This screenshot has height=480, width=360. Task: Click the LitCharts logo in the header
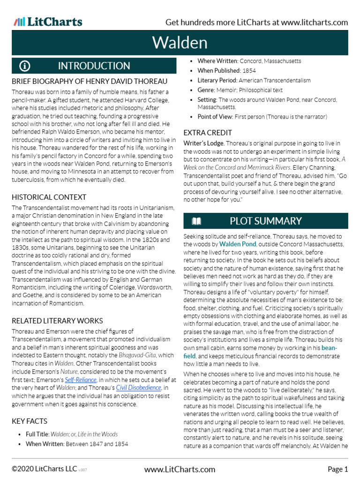[48, 22]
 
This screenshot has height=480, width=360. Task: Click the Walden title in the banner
[180, 43]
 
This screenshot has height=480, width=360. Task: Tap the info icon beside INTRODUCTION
[25, 66]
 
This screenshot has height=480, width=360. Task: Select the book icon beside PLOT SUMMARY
[196, 221]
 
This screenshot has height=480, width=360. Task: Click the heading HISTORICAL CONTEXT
[49, 197]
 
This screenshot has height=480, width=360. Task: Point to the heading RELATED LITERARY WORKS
[57, 321]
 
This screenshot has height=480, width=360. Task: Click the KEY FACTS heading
[30, 421]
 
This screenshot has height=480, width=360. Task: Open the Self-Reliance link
[81, 380]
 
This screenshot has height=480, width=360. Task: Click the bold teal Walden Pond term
[238, 244]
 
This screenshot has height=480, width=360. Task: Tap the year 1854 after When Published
[249, 71]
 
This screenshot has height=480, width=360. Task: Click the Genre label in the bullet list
[207, 90]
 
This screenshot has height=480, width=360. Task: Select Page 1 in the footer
[337, 469]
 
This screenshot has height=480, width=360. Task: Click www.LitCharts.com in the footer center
[180, 469]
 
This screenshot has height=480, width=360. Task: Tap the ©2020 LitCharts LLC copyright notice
[44, 469]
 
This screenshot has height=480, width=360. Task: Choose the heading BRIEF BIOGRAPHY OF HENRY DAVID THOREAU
[89, 81]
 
